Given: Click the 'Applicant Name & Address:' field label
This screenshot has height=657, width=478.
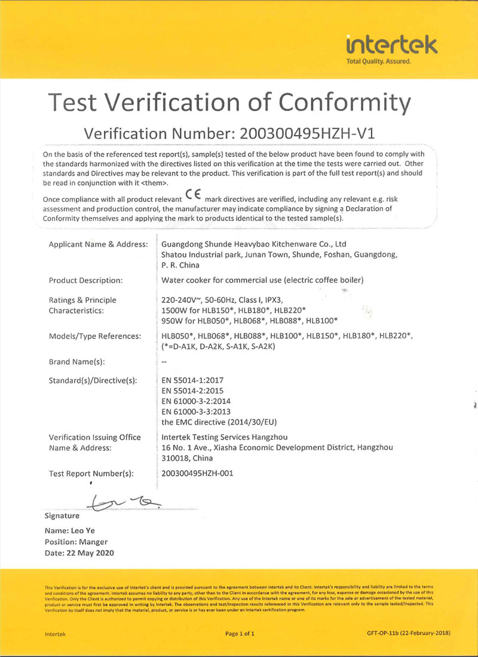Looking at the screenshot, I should point(98,244).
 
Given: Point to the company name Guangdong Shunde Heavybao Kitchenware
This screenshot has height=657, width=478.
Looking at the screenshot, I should point(255,244).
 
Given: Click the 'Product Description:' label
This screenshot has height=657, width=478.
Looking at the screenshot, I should point(86,280).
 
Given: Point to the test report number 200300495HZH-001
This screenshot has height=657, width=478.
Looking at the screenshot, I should point(197,473).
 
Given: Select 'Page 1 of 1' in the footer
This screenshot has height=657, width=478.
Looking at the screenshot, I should point(240,633).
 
